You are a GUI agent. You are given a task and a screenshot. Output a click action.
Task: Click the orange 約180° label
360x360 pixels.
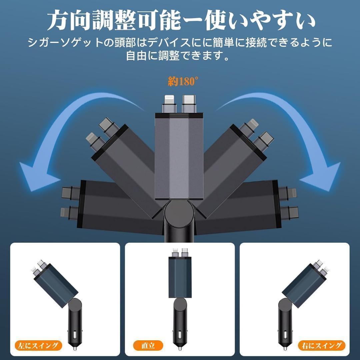click(x=183, y=81)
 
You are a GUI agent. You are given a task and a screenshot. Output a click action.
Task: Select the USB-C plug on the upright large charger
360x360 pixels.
click(x=189, y=104)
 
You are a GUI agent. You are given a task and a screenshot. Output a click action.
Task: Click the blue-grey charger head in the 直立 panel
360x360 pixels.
click(x=180, y=277)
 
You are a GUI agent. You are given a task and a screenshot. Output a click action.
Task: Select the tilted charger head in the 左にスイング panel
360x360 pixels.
click(x=56, y=285)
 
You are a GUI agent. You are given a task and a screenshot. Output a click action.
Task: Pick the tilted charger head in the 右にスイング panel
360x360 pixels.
click(x=304, y=285)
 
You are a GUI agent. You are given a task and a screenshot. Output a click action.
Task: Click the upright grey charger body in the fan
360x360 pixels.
click(x=179, y=156)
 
